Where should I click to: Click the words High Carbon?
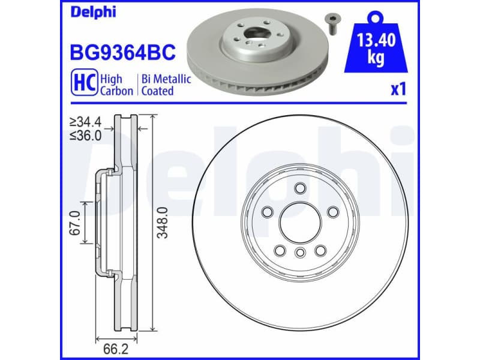tap(116, 85)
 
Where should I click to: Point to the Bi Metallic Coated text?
tap(166, 85)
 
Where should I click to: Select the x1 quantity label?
tap(398, 90)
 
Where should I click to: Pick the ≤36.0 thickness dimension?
tap(85, 136)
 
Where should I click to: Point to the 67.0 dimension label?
tap(75, 223)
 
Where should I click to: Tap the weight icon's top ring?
tap(376, 14)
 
